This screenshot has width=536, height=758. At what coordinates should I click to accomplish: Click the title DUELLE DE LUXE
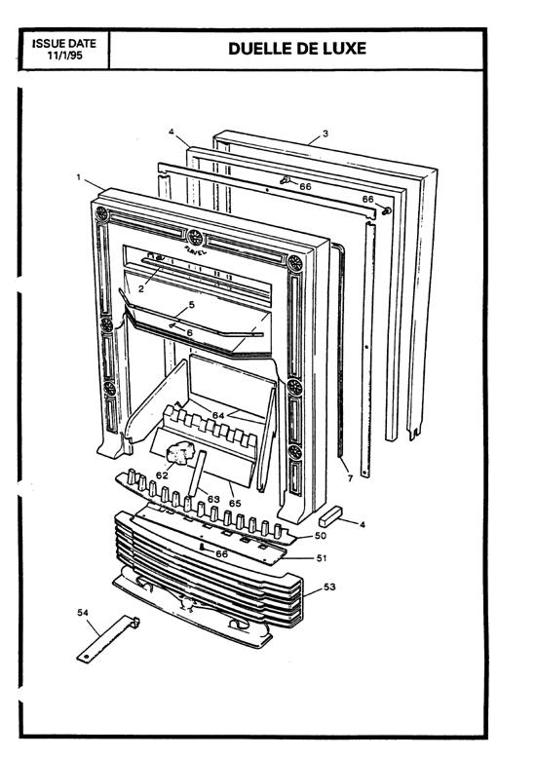pyautogui.click(x=297, y=49)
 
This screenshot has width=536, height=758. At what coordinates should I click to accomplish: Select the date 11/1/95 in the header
pyautogui.click(x=65, y=56)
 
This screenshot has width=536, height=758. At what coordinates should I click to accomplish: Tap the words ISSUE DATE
pyautogui.click(x=64, y=44)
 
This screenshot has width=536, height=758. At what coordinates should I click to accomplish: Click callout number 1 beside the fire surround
pyautogui.click(x=78, y=177)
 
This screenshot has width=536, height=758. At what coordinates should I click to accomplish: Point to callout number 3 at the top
pyautogui.click(x=325, y=133)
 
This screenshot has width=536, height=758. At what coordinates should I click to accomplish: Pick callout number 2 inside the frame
pyautogui.click(x=140, y=289)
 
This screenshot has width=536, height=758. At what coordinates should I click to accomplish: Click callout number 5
pyautogui.click(x=192, y=305)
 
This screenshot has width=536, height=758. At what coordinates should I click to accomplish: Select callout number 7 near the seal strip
pyautogui.click(x=350, y=478)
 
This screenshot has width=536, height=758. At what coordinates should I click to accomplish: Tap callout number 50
pyautogui.click(x=321, y=535)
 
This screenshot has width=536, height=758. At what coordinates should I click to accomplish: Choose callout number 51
pyautogui.click(x=322, y=558)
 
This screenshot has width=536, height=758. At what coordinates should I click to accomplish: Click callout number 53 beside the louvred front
pyautogui.click(x=329, y=587)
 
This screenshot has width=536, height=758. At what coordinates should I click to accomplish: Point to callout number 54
pyautogui.click(x=83, y=613)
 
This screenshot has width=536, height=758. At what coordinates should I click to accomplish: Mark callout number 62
pyautogui.click(x=162, y=475)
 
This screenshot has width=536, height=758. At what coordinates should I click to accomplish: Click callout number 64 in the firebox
pyautogui.click(x=218, y=415)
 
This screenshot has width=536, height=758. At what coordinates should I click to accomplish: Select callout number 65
pyautogui.click(x=235, y=504)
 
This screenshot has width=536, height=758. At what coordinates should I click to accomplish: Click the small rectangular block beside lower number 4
pyautogui.click(x=330, y=515)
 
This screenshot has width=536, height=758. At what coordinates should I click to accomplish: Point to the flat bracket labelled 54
pyautogui.click(x=108, y=639)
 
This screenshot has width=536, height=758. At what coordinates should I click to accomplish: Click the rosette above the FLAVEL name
pyautogui.click(x=195, y=238)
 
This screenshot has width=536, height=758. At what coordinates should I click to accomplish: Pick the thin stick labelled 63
pyautogui.click(x=197, y=474)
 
